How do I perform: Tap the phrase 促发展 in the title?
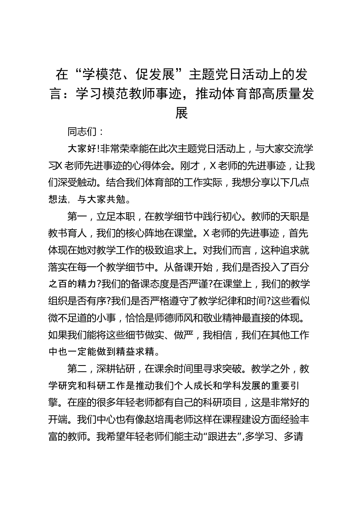tap(149, 75)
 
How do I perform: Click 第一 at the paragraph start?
tap(77, 217)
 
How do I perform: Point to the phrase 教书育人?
tap(67, 234)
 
